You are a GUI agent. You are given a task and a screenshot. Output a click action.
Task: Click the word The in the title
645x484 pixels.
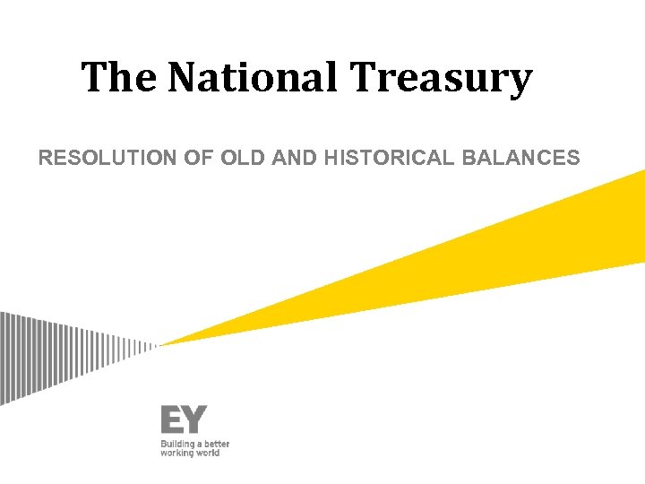tap(120, 78)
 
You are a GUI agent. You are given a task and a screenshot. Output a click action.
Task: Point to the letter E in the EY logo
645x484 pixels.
tap(172, 419)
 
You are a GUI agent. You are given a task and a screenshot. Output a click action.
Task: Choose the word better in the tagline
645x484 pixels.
tap(216, 444)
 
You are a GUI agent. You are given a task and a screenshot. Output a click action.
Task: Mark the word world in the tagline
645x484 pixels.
tap(209, 453)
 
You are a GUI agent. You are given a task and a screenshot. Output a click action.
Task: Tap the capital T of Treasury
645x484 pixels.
tap(365, 78)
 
